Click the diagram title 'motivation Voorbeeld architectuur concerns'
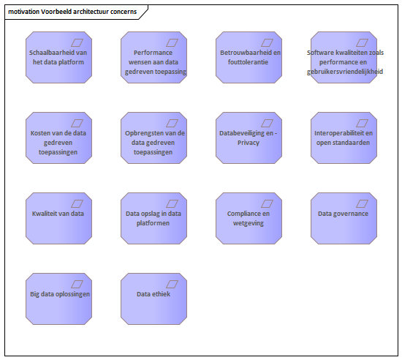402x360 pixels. coord(72,12)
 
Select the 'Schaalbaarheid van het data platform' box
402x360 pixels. coord(58,58)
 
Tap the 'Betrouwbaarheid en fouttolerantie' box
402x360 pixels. coord(249,58)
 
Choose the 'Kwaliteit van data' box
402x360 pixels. coord(58,218)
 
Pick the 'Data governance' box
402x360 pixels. coord(344,218)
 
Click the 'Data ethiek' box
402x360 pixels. coord(153,299)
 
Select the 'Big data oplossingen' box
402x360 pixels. coord(58,299)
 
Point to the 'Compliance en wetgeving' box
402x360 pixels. coord(249,218)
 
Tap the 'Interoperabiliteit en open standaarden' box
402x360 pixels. coord(344,138)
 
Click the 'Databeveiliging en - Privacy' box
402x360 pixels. coord(249,138)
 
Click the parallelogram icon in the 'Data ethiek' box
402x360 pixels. coord(172,285)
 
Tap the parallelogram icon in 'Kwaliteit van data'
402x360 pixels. coord(77,203)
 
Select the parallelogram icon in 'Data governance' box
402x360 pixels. coord(362,203)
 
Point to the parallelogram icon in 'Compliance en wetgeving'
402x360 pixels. coord(267,203)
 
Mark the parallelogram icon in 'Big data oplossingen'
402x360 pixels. coord(77,285)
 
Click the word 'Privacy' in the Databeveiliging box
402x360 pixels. coord(249,143)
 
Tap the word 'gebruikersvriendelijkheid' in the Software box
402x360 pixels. coord(345,72)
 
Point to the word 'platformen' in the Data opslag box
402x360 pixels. coord(153,223)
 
